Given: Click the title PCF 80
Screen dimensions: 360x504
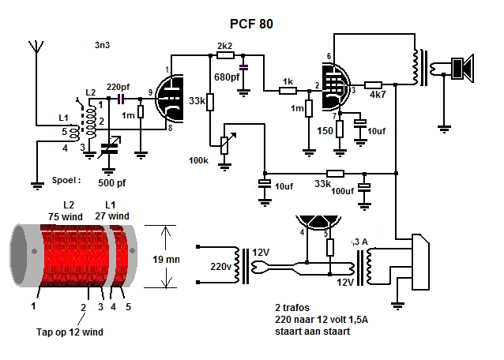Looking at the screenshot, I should (251, 24).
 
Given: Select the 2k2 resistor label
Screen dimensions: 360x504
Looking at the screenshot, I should (224, 46).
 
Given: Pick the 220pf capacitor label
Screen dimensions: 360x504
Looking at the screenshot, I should (118, 86).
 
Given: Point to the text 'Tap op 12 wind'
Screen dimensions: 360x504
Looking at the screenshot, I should (70, 332).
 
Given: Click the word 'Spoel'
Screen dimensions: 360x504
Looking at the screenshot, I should (66, 180).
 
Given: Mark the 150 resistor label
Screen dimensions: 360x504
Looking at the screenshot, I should (325, 130).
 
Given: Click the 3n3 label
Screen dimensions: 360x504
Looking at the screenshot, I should (101, 45).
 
